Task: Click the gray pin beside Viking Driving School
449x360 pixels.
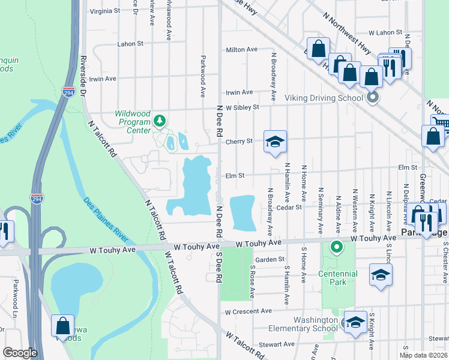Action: (x=373, y=97)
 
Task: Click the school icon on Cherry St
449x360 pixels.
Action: (x=275, y=142)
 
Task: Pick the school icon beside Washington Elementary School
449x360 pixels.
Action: (x=355, y=323)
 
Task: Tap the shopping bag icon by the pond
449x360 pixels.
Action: (x=63, y=326)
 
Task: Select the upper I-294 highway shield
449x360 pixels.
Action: (x=68, y=92)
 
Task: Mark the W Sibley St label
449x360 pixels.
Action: (x=242, y=107)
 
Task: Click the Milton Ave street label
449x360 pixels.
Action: (x=241, y=50)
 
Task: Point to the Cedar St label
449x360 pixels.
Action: (x=289, y=208)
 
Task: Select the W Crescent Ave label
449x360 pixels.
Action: (x=249, y=311)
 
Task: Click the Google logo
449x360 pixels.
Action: (x=20, y=353)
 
